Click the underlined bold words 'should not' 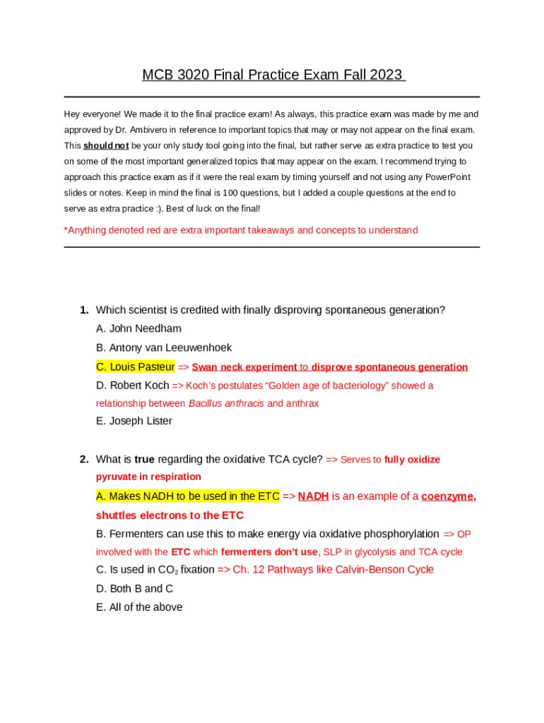point(106,146)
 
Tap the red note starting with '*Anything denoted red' point(241,230)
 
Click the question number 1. point(83,310)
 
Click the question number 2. point(83,460)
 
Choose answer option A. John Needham point(138,328)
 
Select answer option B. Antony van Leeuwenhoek point(164,347)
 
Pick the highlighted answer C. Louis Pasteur point(135,366)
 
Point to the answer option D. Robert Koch point(133,386)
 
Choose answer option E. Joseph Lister point(134,422)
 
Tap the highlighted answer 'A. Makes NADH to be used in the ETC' point(188,496)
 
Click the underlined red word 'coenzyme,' point(448,496)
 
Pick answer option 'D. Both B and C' point(134,589)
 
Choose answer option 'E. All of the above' point(139,607)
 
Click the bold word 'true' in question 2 point(144,460)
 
